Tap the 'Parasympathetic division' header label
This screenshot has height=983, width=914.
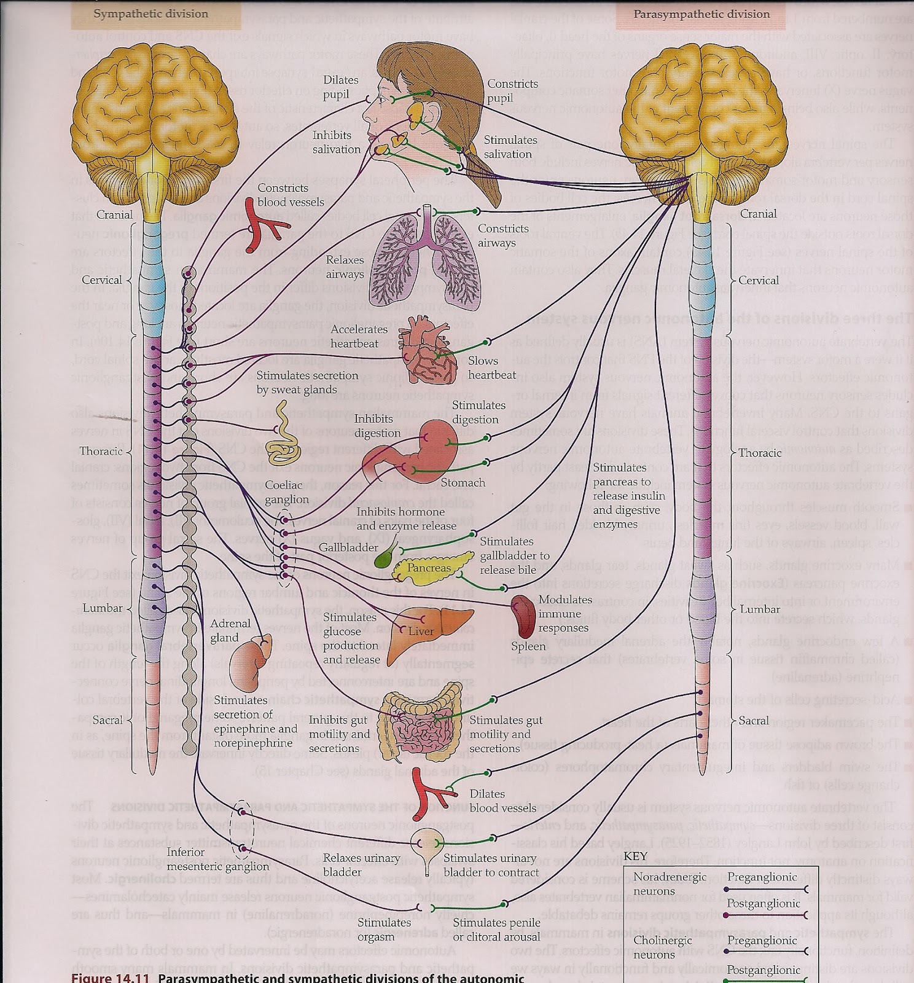pyautogui.click(x=701, y=14)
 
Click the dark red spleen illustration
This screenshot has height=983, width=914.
pyautogui.click(x=525, y=616)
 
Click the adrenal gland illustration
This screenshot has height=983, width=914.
pyautogui.click(x=249, y=664)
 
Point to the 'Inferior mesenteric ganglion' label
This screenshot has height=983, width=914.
pyautogui.click(x=217, y=859)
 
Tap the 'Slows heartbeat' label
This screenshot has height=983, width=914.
pyautogui.click(x=492, y=367)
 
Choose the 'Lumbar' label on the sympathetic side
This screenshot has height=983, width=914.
pyautogui.click(x=104, y=608)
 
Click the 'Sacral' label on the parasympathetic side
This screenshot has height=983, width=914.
pyautogui.click(x=754, y=720)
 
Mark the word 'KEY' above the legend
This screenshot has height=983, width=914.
pyautogui.click(x=635, y=855)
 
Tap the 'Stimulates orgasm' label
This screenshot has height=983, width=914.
pyautogui.click(x=385, y=929)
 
